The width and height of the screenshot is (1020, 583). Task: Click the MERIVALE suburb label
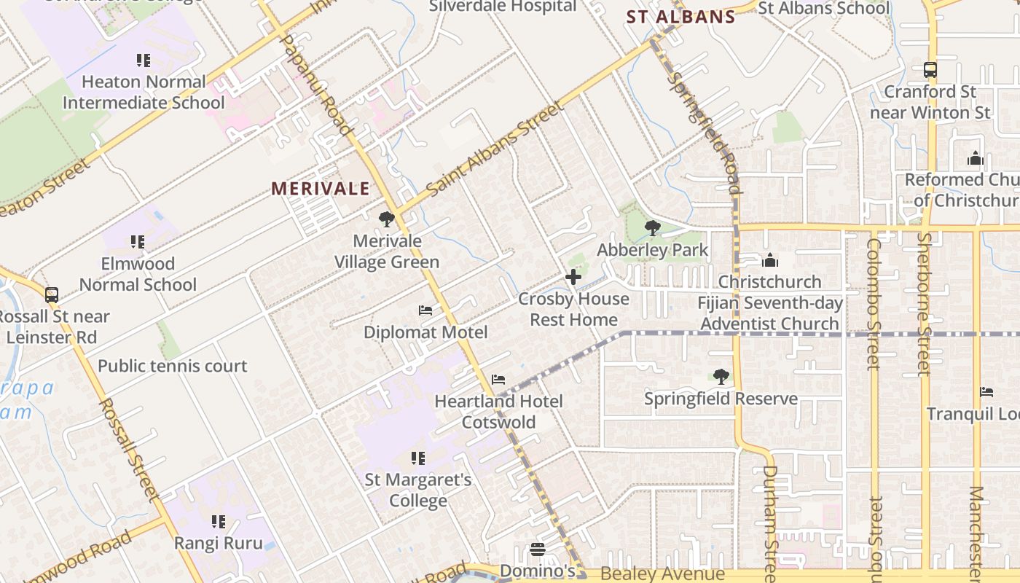click(321, 189)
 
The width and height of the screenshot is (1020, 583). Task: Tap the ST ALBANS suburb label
click(681, 17)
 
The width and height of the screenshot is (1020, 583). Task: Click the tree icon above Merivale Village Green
click(386, 219)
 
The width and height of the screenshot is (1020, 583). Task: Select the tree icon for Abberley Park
click(652, 228)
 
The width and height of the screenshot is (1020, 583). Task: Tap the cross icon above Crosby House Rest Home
click(573, 277)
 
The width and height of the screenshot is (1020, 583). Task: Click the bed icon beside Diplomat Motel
click(425, 311)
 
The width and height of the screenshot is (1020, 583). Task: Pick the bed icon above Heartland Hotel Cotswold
click(498, 380)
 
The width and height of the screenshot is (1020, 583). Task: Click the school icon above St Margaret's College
click(417, 458)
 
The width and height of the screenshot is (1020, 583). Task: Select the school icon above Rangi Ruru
click(218, 522)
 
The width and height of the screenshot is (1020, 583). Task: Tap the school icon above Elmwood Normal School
click(138, 242)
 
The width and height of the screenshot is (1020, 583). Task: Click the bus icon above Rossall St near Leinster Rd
click(52, 295)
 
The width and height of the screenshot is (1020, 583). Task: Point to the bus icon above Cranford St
click(930, 70)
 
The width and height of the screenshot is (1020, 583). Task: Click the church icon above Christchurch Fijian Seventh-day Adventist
click(769, 260)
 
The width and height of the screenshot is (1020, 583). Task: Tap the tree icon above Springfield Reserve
click(721, 377)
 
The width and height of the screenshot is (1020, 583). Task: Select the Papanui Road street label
click(316, 84)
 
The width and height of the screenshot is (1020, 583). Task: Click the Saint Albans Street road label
click(495, 149)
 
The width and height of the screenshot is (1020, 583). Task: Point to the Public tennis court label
click(173, 366)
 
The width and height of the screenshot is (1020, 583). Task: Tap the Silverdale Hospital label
click(503, 7)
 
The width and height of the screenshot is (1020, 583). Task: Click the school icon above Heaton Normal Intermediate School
click(144, 60)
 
